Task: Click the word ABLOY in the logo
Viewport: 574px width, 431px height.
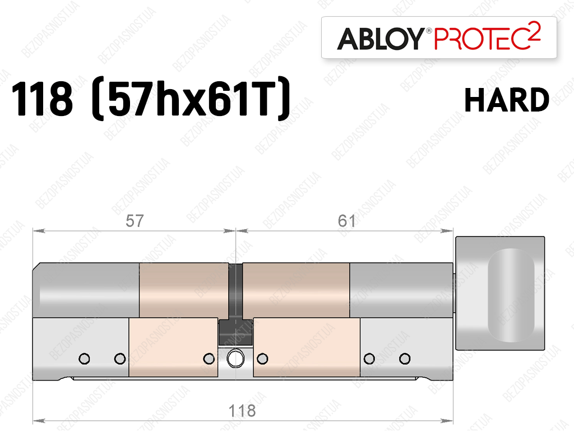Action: (381, 39)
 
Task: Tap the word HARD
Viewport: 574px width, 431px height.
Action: (507, 100)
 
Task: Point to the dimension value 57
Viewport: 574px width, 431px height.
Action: (135, 221)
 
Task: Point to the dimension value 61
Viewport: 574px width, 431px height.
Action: (346, 221)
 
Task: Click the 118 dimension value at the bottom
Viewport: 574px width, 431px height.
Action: (242, 411)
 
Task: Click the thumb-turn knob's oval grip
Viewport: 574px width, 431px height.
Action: (511, 295)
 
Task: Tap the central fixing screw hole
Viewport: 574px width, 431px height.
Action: (235, 359)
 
